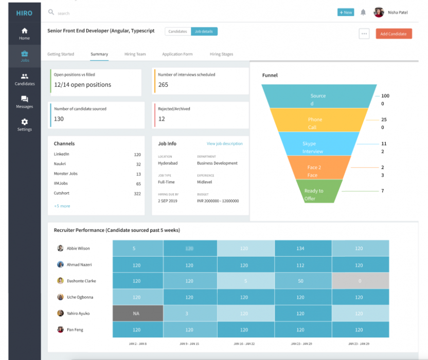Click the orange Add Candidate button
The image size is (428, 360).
394,34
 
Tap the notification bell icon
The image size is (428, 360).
363,12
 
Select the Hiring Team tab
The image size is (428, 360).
135,54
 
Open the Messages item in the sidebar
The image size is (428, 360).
24,102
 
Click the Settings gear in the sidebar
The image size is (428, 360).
24,125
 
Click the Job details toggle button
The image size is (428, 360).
204,31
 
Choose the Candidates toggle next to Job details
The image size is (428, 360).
177,31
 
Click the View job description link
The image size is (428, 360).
224,143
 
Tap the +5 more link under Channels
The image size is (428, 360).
62,206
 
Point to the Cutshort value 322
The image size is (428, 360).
137,193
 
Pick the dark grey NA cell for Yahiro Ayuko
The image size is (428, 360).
136,313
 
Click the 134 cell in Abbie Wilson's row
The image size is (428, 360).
300,248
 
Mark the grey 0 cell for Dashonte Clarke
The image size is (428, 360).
360,281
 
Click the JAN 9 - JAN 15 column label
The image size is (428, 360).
189,344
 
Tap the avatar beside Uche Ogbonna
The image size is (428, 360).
60,297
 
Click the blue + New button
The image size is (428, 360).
345,12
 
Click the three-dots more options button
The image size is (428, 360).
364,34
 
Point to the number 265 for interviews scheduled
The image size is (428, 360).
163,85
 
